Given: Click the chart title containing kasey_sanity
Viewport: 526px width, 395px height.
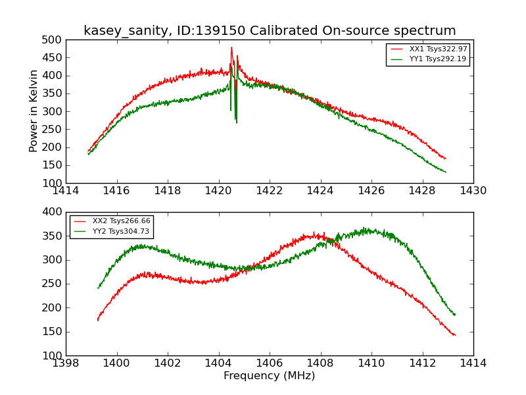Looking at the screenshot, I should click(270, 31).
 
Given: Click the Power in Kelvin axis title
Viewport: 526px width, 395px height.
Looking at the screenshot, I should click(34, 111).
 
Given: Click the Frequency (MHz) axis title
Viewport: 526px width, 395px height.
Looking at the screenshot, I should click(270, 376).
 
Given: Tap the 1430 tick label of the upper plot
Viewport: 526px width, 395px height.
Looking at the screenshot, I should click(473, 191).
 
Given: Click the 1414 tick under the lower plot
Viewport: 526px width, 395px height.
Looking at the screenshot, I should click(473, 363).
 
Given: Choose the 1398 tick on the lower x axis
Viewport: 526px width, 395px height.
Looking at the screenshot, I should click(66, 363).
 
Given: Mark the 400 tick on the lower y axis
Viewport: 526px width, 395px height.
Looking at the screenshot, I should click(53, 212).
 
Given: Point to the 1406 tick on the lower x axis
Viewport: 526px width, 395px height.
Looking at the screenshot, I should click(270, 363).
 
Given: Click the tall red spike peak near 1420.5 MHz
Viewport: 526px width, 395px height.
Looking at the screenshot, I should click(231, 47).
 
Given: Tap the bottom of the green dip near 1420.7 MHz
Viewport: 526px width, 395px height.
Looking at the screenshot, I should click(236, 122).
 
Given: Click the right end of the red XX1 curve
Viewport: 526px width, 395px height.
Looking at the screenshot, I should click(445, 159).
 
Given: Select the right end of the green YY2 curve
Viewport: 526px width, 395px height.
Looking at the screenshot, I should click(454, 315).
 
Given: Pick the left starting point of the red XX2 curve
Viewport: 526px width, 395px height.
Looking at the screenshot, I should click(97, 320).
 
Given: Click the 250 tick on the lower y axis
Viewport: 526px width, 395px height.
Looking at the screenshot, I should click(53, 284).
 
